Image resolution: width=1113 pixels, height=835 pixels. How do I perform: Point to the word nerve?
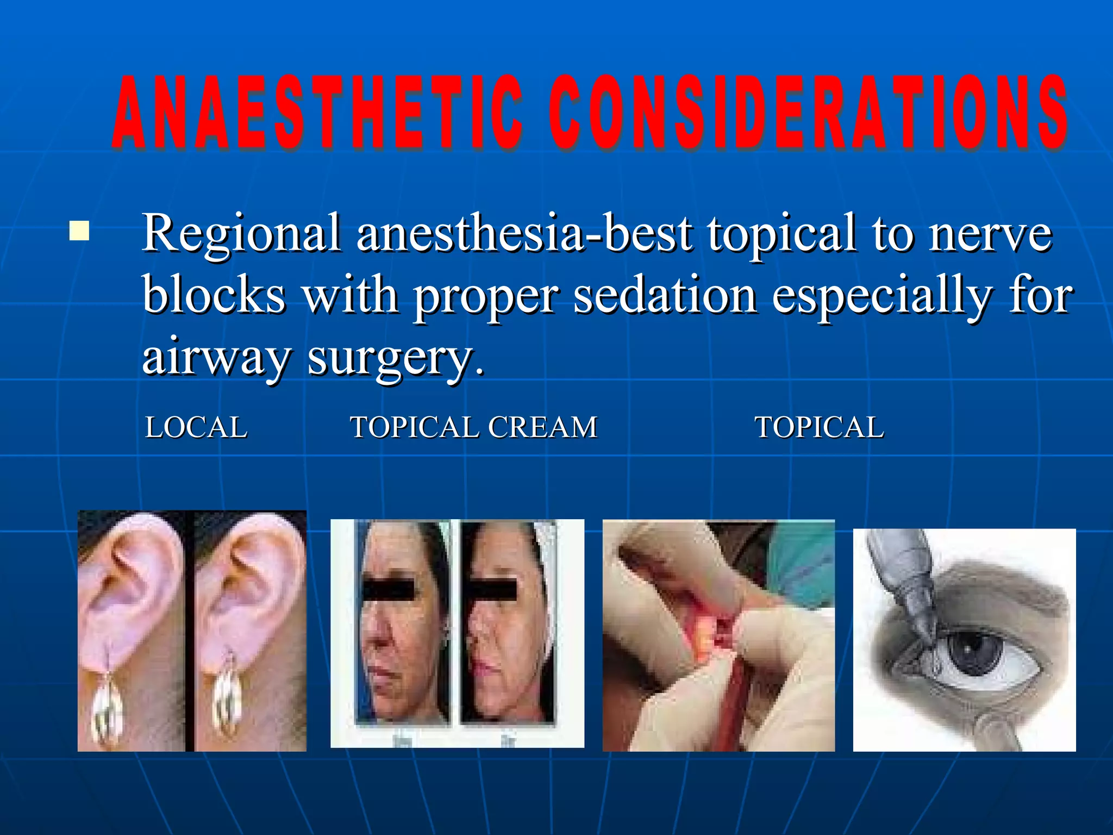990,234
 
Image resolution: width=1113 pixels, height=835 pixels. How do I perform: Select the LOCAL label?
196,427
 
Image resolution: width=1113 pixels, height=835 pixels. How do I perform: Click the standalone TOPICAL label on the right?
819,427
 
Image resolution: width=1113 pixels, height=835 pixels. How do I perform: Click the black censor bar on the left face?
388,590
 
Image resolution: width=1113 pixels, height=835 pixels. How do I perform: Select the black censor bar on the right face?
492,590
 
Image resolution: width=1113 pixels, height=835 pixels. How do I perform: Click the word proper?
485,296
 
